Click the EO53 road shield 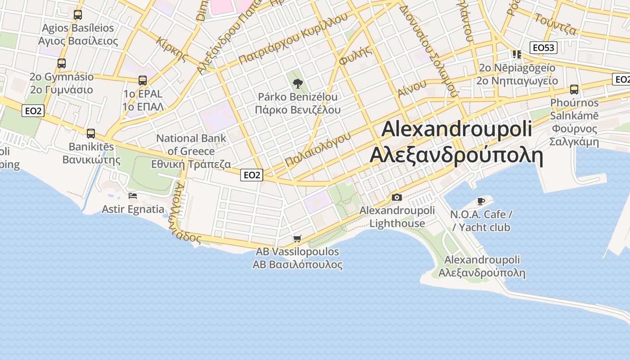point(544,48)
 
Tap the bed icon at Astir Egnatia point(133,196)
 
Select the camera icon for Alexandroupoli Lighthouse point(396,197)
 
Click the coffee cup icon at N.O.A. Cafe point(481,201)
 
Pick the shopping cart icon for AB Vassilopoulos point(297,238)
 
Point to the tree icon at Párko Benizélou point(297,83)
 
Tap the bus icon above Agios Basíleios point(78,15)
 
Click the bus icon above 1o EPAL point(143,81)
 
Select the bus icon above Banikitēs point(91,133)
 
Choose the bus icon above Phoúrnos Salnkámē point(574,89)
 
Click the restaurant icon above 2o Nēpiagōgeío point(517,54)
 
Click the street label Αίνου point(412,88)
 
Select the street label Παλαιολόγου point(318,149)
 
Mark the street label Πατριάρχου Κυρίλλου point(293,38)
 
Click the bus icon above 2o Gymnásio point(62,63)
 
